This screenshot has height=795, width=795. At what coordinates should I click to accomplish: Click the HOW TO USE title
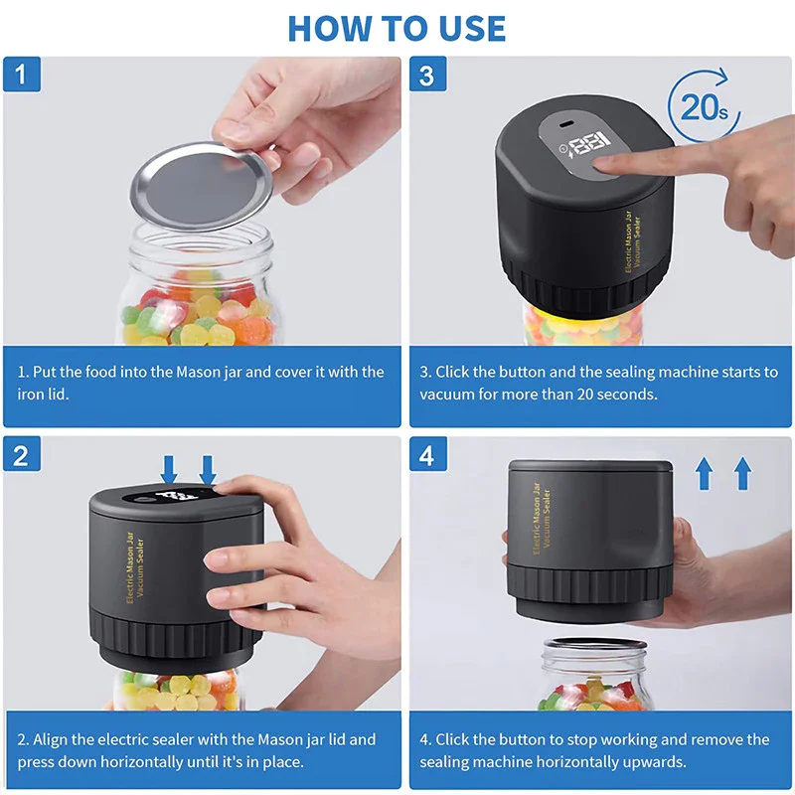click(397, 27)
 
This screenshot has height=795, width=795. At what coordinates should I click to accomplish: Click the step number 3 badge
click(427, 75)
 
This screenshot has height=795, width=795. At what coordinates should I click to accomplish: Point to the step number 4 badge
click(427, 455)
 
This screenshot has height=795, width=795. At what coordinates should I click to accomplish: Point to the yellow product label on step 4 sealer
click(542, 522)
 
